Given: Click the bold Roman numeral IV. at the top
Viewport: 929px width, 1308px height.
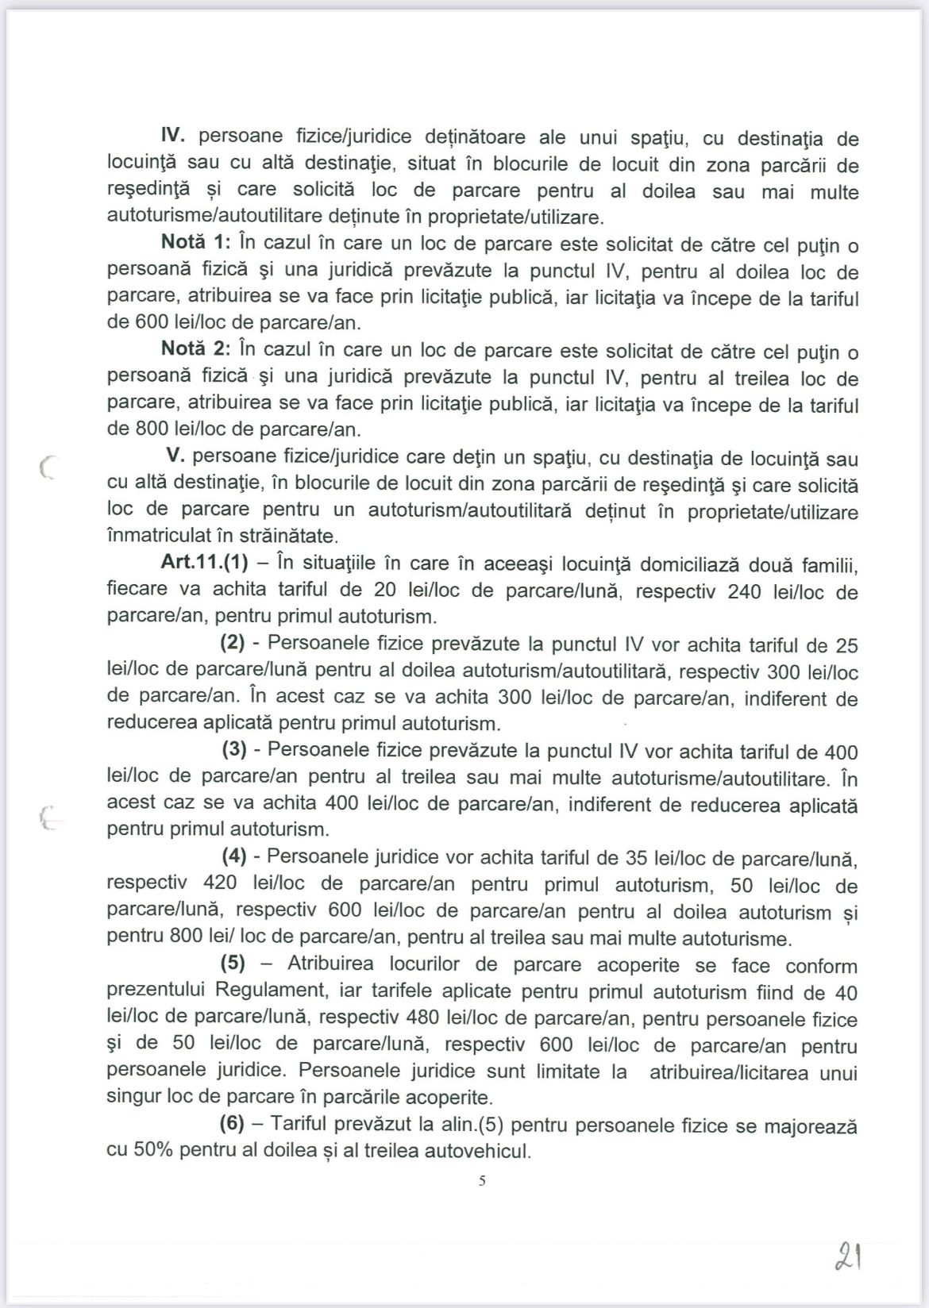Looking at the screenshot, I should click(174, 137).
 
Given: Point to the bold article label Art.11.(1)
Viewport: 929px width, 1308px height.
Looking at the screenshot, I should click(204, 564).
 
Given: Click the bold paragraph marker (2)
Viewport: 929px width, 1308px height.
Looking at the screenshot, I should click(233, 644).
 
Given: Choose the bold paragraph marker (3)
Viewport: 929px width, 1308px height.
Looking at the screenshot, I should click(233, 751).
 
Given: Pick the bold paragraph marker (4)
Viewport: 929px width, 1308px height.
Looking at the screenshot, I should click(233, 857).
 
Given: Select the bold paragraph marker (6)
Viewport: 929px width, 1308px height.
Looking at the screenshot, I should click(232, 1125).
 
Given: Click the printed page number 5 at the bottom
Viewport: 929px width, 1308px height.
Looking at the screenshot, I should click(482, 1181).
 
